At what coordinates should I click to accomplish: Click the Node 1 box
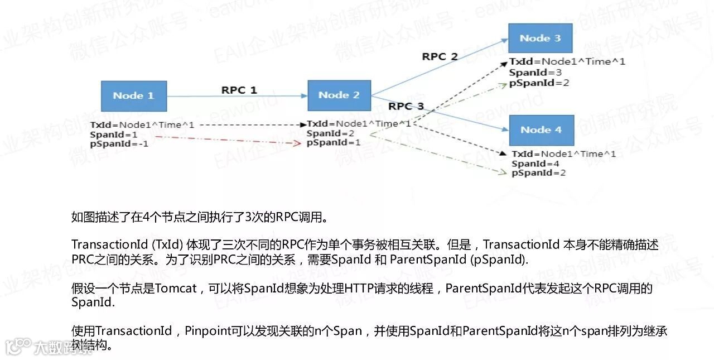pyautogui.click(x=133, y=95)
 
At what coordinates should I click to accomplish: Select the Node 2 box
pyautogui.click(x=339, y=95)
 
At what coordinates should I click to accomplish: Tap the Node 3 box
pyautogui.click(x=540, y=38)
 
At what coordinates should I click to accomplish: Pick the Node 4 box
pyautogui.click(x=541, y=129)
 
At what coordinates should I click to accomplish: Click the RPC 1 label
pyautogui.click(x=239, y=90)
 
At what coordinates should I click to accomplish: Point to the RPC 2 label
pyautogui.click(x=440, y=56)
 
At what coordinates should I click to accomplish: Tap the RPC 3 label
pyautogui.click(x=406, y=106)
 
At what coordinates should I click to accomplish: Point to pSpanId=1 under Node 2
pyautogui.click(x=333, y=142)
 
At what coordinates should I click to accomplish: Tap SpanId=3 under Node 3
pyautogui.click(x=527, y=73)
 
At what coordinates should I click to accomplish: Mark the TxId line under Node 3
pyautogui.click(x=567, y=62)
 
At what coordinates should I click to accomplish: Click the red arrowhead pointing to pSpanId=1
pyautogui.click(x=297, y=144)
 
